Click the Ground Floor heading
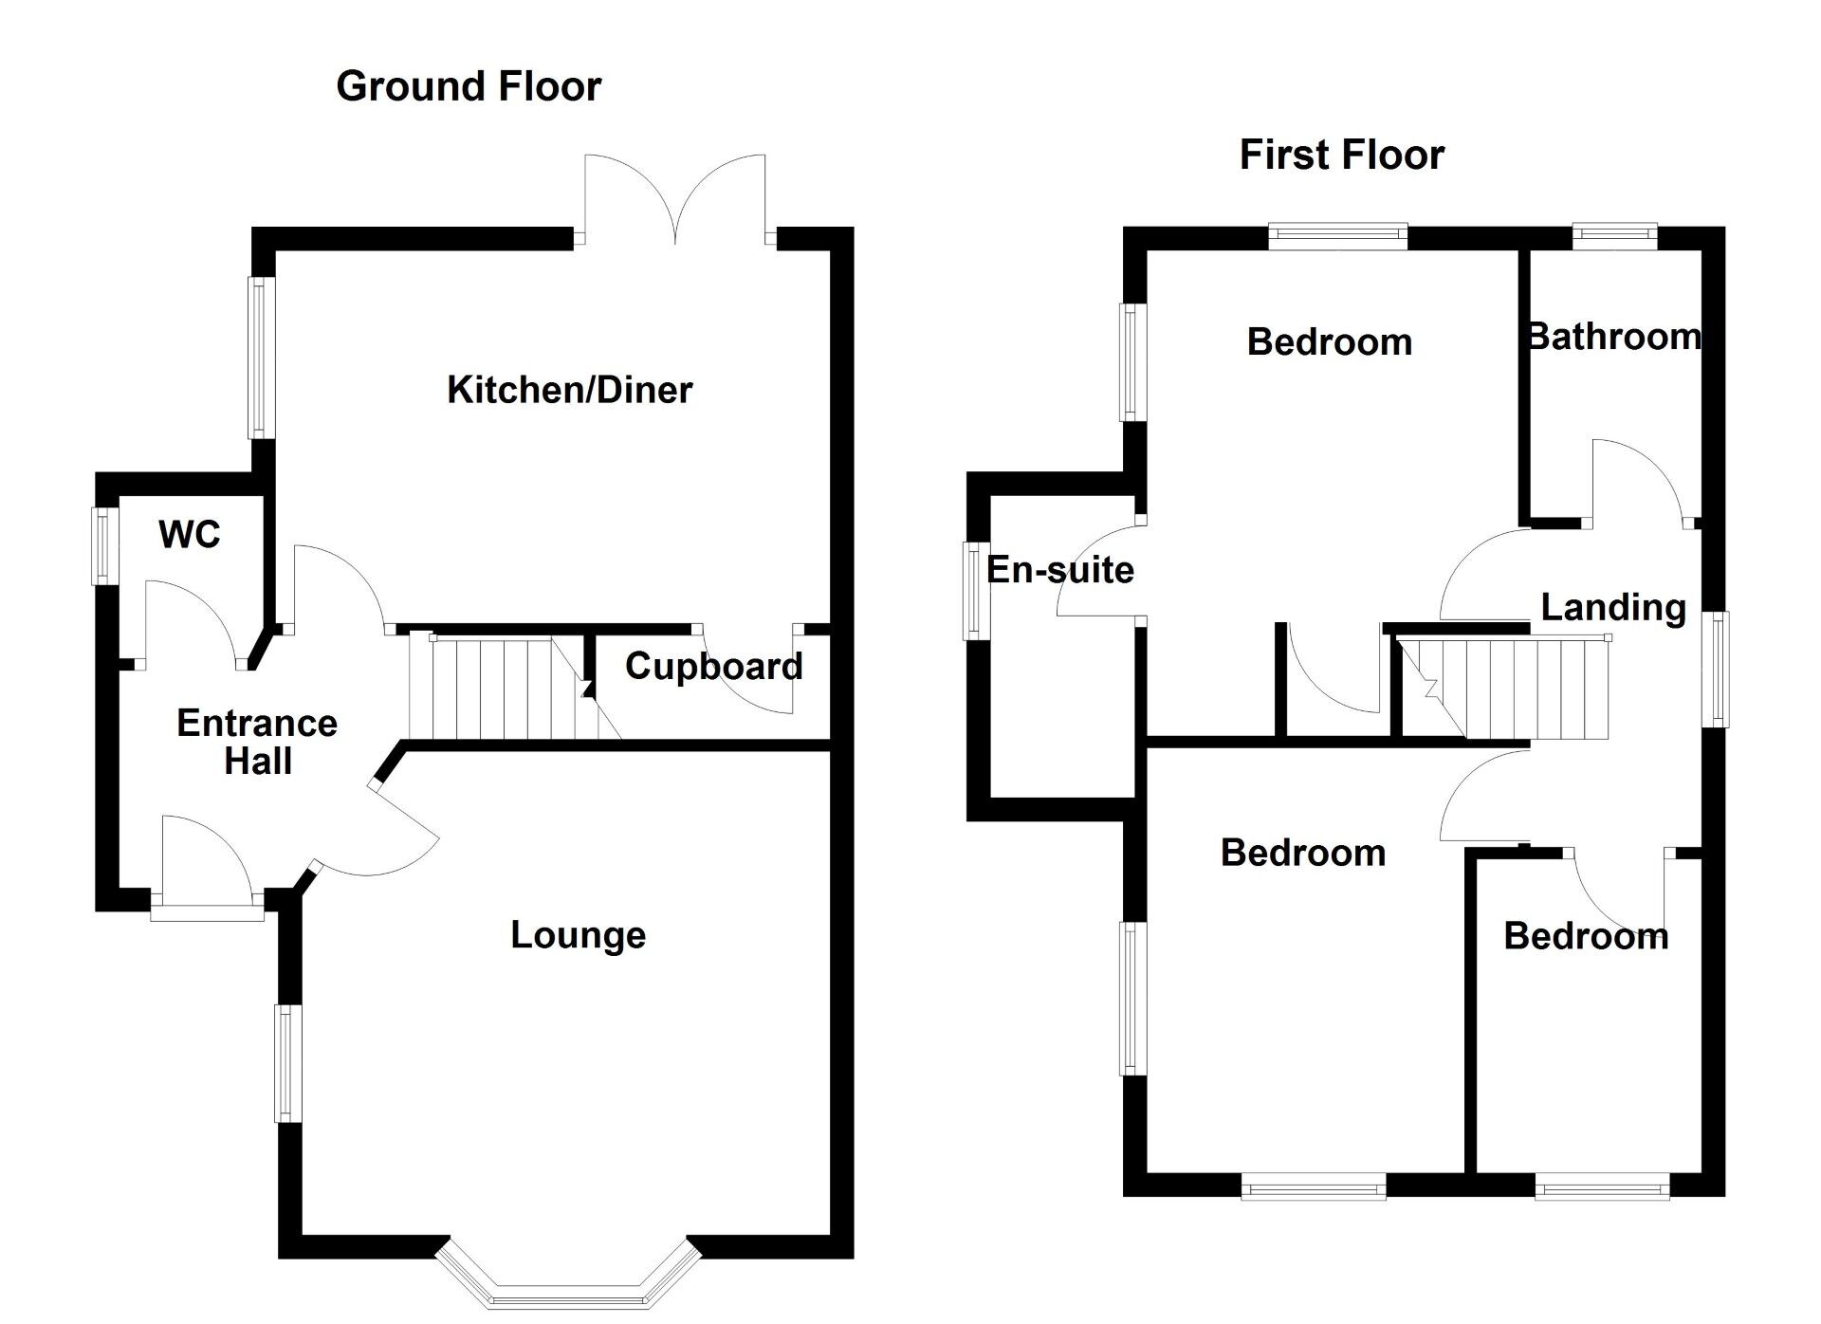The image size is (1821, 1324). click(x=469, y=87)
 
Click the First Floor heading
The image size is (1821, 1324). click(x=1341, y=156)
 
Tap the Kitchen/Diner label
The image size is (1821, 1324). click(x=569, y=390)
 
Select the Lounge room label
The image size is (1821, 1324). click(x=578, y=935)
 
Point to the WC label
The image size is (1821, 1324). click(x=190, y=535)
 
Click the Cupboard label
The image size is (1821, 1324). click(x=713, y=667)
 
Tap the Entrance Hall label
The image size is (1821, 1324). click(x=257, y=743)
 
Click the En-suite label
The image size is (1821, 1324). click(x=1059, y=570)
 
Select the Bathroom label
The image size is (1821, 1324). click(x=1613, y=338)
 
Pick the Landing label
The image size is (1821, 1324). click(x=1612, y=608)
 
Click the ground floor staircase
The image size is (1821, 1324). click(x=503, y=689)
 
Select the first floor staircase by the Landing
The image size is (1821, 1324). click(x=1508, y=689)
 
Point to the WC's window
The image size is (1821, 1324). click(x=104, y=546)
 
